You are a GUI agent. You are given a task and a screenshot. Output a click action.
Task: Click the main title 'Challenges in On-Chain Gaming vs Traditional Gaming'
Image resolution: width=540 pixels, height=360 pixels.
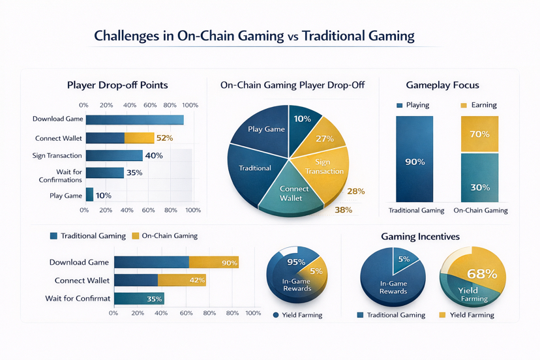[x=254, y=35]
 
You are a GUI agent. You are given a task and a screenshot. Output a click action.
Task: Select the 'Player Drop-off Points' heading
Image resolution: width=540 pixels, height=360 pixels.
[x=117, y=85]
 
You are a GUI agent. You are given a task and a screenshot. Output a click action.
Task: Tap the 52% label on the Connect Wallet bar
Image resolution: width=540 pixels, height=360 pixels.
[x=164, y=138]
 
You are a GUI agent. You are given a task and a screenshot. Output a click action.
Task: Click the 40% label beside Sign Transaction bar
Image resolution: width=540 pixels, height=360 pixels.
[x=154, y=156]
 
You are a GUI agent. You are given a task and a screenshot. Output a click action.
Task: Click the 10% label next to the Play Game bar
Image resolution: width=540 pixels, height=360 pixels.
[x=103, y=196]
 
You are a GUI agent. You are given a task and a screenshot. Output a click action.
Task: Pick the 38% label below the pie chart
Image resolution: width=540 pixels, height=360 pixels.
[x=343, y=210]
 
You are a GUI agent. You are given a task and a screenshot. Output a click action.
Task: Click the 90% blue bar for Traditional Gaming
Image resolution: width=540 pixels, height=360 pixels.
[x=415, y=161]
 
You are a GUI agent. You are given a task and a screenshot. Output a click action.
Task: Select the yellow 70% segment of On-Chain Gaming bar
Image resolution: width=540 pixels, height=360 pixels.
[x=479, y=134]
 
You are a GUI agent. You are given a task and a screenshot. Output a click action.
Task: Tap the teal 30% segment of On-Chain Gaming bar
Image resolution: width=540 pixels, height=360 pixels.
[x=479, y=187]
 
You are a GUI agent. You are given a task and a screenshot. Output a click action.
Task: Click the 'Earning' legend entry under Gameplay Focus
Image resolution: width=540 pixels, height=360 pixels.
[x=479, y=105]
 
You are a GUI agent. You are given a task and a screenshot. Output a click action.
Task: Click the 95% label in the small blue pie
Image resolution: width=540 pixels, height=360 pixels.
[x=296, y=262]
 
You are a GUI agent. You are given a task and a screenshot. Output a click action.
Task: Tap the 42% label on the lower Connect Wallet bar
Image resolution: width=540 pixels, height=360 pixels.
[x=196, y=280]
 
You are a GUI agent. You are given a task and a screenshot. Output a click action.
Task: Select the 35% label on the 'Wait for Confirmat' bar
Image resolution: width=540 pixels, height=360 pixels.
[x=155, y=299]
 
